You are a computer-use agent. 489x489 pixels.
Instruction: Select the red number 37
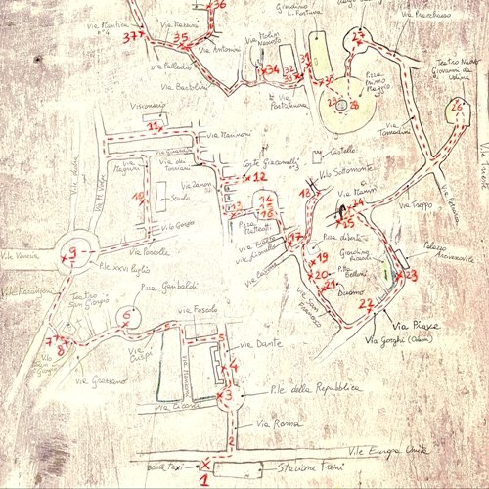pyautogui.click(x=134, y=36)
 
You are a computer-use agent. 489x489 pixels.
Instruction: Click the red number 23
pyautogui.click(x=411, y=275)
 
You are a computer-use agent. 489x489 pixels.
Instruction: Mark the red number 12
pyautogui.click(x=258, y=177)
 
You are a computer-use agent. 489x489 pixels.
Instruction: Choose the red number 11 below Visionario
pyautogui.click(x=153, y=126)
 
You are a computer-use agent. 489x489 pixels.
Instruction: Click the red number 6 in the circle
pyautogui.click(x=126, y=315)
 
